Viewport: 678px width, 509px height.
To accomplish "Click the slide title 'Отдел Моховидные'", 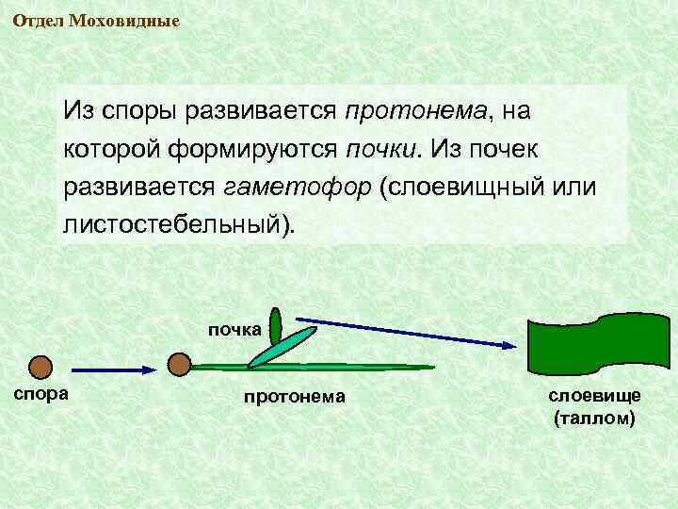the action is (x=96, y=21).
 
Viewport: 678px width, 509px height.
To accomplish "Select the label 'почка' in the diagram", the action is (x=234, y=329).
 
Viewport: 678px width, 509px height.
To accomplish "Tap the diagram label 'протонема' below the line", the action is (x=295, y=397).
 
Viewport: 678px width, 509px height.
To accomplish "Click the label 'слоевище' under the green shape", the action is (x=595, y=396).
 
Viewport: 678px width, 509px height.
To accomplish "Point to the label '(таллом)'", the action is (x=595, y=418).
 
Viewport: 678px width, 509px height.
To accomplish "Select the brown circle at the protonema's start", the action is (x=179, y=363).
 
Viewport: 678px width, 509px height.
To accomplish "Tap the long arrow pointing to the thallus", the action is (x=405, y=333).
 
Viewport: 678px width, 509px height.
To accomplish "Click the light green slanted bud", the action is (x=282, y=347).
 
